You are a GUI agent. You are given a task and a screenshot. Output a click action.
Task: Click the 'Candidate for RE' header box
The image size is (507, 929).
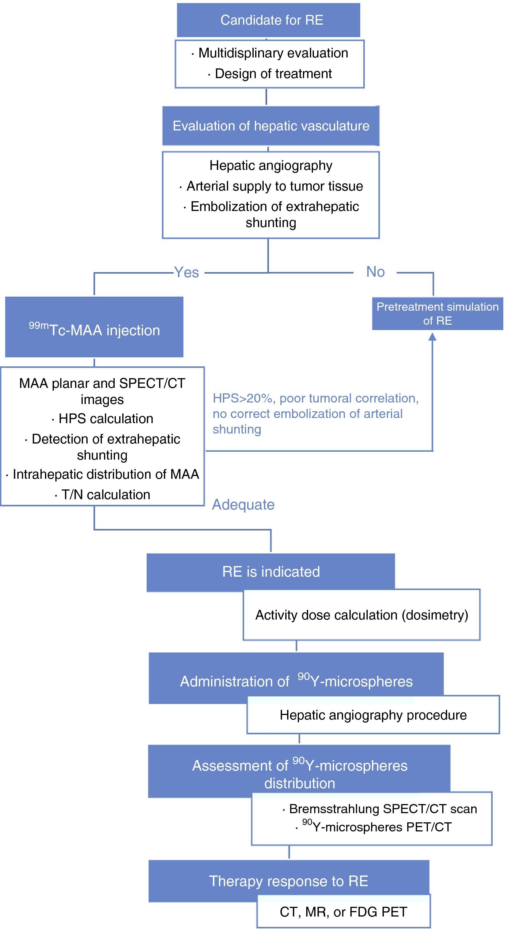[268, 20]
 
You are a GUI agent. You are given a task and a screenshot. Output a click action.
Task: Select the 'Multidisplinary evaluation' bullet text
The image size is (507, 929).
[273, 53]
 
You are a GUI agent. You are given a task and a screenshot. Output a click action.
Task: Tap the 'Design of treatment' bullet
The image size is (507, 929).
[273, 74]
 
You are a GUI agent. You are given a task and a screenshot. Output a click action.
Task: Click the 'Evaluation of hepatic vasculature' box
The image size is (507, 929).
[271, 126]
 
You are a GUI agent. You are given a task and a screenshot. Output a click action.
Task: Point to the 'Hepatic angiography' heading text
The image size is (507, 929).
[271, 166]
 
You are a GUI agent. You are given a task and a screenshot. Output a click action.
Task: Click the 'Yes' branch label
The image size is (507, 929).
[186, 272]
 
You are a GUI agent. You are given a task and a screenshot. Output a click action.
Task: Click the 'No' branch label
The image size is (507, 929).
[375, 271]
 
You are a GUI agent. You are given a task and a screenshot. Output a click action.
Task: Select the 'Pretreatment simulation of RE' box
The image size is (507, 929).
[437, 313]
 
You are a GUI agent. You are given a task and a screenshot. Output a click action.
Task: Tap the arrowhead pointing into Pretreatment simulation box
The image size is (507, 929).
[432, 337]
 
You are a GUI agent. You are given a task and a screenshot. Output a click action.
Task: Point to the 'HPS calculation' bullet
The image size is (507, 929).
[105, 419]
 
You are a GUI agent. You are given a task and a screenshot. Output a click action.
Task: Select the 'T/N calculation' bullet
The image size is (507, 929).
[105, 494]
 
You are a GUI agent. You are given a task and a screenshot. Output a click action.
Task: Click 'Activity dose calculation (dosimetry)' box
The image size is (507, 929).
[362, 615]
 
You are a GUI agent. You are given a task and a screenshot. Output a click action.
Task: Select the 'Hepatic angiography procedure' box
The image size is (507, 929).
[373, 715]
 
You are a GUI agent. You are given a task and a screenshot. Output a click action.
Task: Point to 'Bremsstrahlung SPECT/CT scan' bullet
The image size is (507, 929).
[383, 809]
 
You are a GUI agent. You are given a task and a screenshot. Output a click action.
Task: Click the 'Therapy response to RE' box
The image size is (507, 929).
[289, 881]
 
